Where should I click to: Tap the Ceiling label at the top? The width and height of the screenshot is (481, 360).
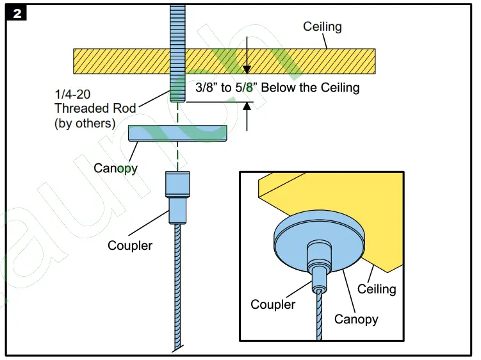click(x=322, y=27)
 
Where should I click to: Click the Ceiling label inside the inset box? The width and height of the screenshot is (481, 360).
click(x=377, y=289)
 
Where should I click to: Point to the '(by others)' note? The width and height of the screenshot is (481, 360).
click(x=85, y=123)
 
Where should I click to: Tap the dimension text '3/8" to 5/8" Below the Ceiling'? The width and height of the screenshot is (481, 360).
click(x=277, y=88)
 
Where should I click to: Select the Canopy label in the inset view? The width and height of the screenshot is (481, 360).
click(x=356, y=318)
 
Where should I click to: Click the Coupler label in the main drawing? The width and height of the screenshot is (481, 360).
click(x=130, y=245)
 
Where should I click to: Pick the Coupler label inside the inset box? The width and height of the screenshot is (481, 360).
click(x=273, y=304)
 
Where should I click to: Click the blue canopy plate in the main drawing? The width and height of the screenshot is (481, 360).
click(x=178, y=133)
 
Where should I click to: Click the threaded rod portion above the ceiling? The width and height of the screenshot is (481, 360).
click(x=177, y=26)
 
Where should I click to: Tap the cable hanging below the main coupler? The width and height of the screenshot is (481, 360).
click(x=177, y=288)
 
